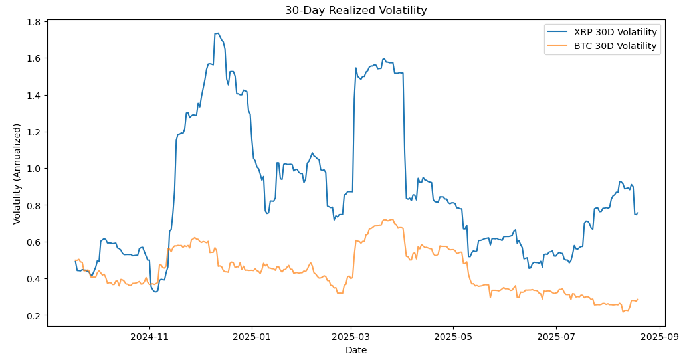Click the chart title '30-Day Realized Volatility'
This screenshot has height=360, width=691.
coord(355,10)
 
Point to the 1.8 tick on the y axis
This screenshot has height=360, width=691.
coord(33,22)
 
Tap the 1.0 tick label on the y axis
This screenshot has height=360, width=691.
coord(33,169)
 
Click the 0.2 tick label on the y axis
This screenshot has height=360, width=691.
coord(33,315)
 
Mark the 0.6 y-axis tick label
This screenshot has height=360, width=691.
coord(33,242)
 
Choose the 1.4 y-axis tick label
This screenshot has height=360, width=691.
coord(33,96)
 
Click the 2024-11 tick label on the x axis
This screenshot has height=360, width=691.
coord(149,336)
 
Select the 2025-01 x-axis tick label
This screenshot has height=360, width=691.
coord(252,336)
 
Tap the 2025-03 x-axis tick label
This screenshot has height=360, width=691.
coord(351,336)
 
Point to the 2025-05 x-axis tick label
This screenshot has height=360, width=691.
coord(453,336)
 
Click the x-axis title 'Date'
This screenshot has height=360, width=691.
coord(355,350)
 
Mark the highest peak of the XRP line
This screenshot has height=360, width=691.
coord(217,33)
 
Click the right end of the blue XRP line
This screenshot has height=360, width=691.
coord(637,213)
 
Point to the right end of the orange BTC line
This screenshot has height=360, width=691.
coord(637,299)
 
